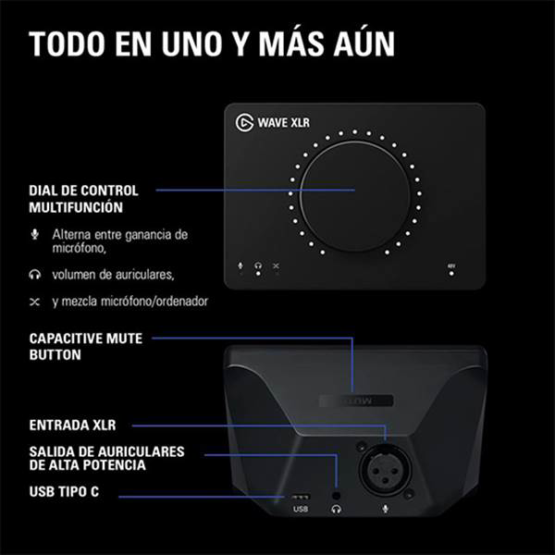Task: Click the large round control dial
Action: (x=356, y=190)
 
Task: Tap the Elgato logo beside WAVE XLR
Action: (x=245, y=121)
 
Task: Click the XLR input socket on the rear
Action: (x=381, y=467)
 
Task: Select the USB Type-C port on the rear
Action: (x=300, y=496)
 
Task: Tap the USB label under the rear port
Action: (x=300, y=510)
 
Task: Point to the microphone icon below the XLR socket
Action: (x=381, y=509)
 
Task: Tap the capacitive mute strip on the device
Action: (x=355, y=400)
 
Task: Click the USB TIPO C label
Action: (x=64, y=493)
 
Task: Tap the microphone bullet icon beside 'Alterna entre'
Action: (x=35, y=234)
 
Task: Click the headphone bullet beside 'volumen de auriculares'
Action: (x=35, y=275)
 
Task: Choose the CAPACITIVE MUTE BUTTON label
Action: (x=85, y=346)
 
